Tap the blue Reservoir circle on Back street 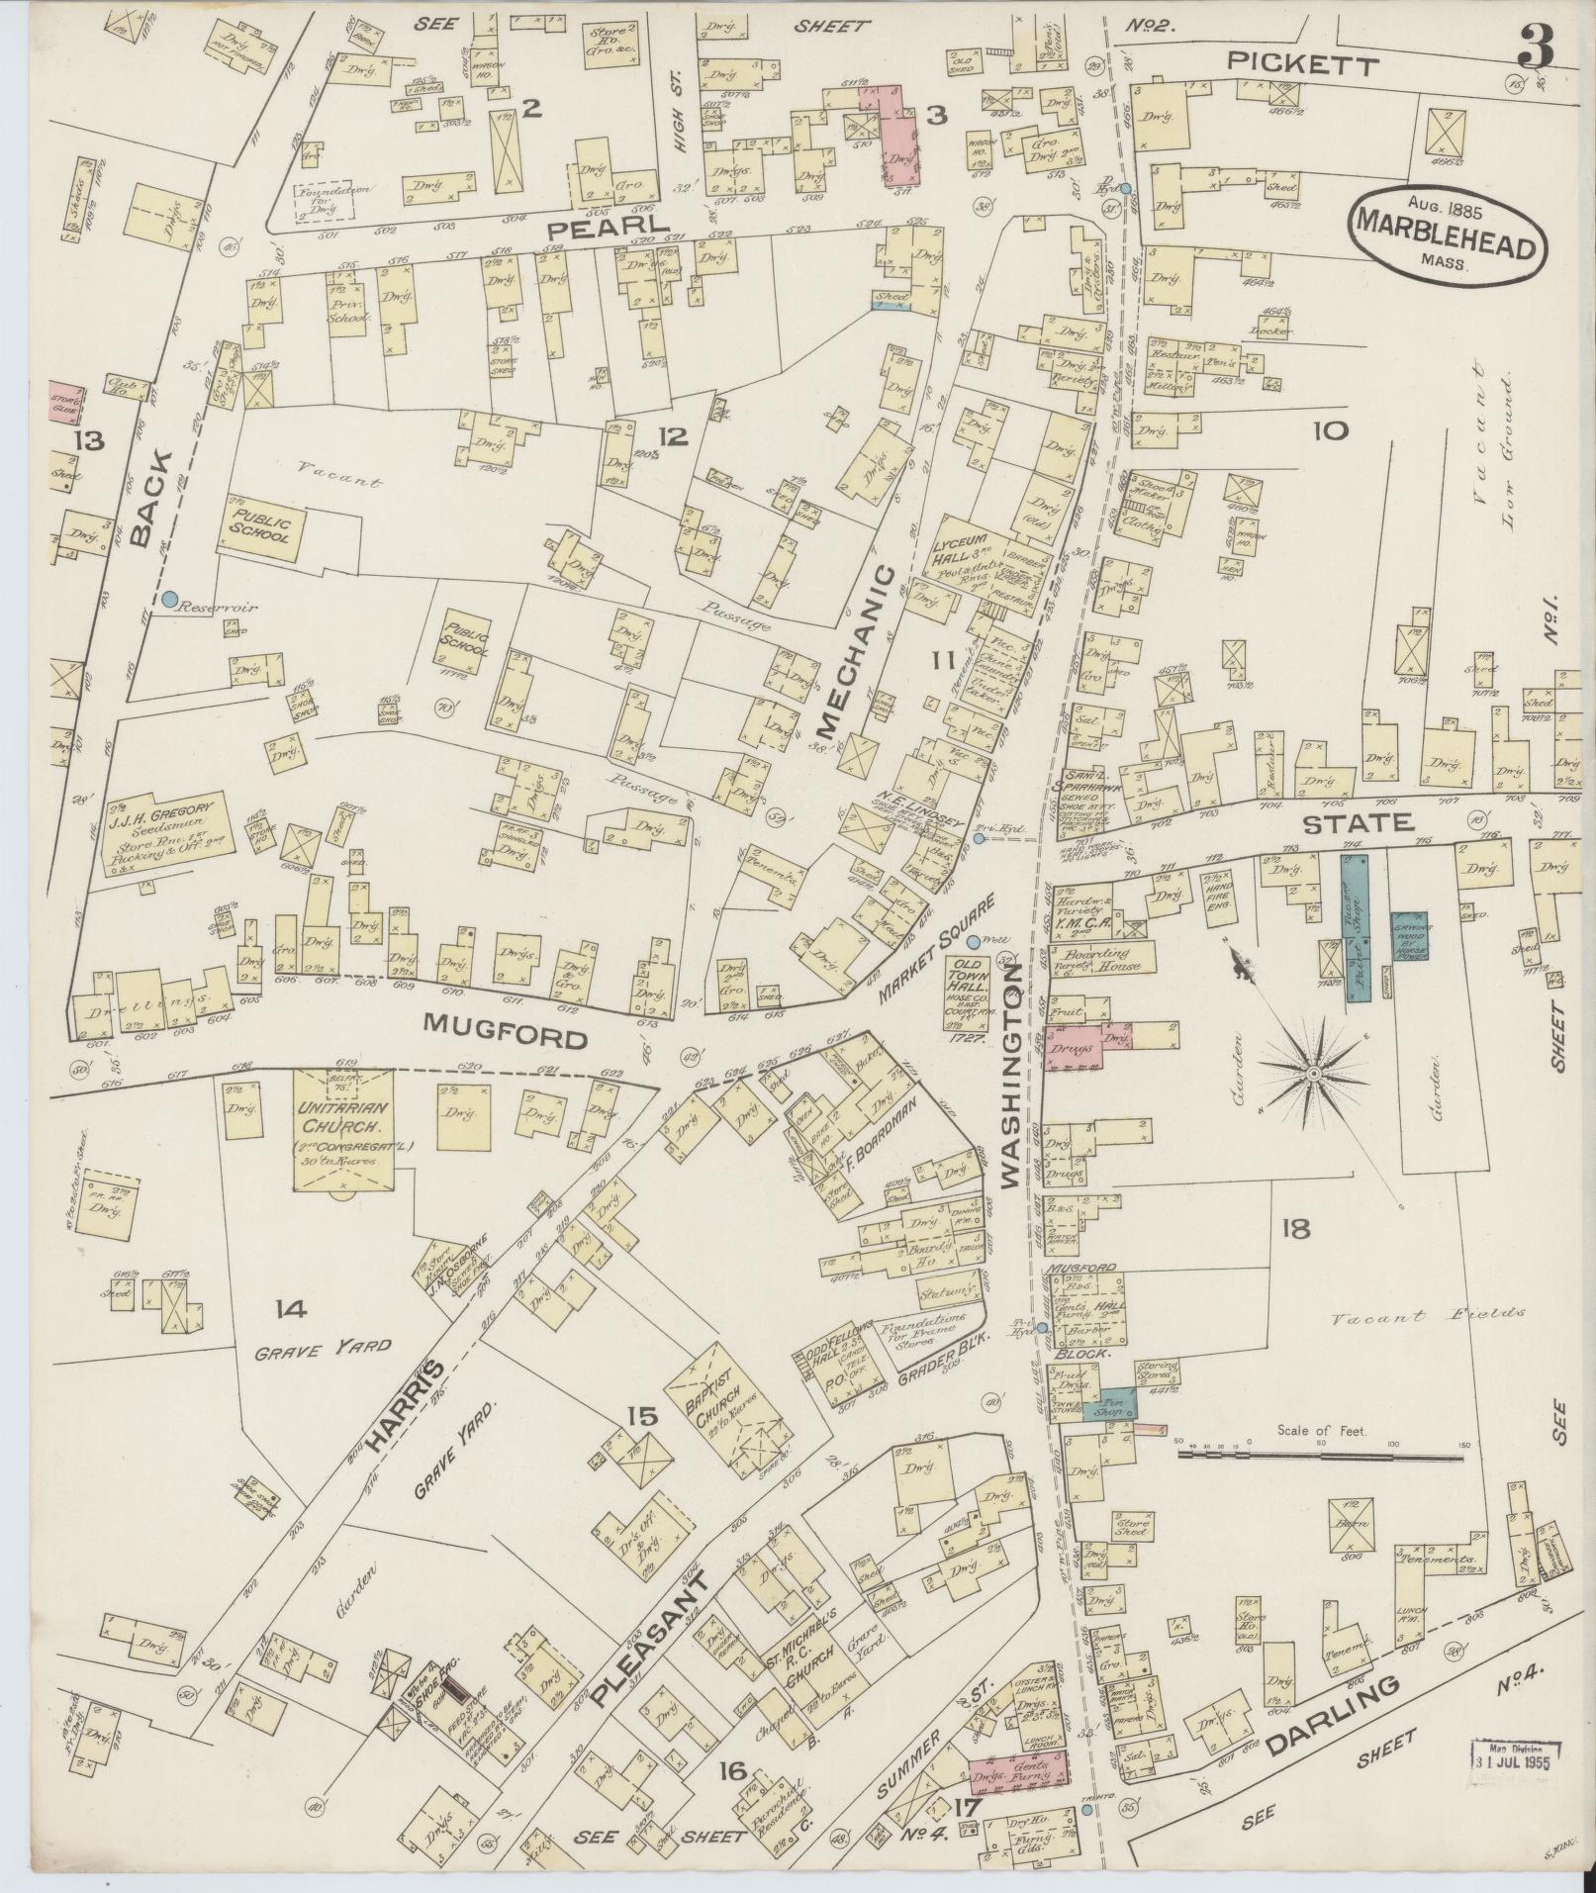pyautogui.click(x=170, y=599)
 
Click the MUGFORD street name pyautogui.click(x=508, y=1038)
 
